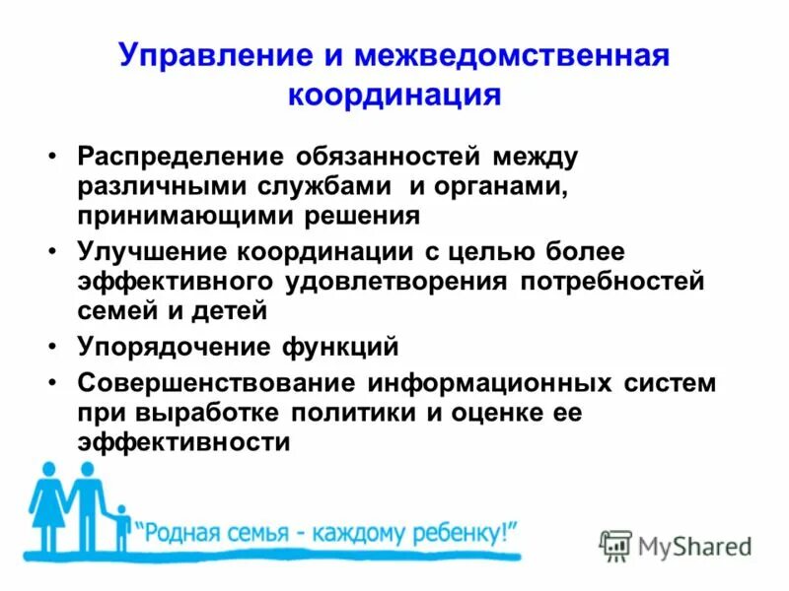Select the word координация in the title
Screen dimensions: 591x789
(x=394, y=96)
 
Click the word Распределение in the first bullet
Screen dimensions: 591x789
(x=177, y=157)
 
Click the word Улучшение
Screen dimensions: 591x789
(x=152, y=253)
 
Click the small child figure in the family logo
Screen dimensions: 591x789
(x=121, y=528)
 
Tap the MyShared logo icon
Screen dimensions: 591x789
(x=615, y=545)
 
